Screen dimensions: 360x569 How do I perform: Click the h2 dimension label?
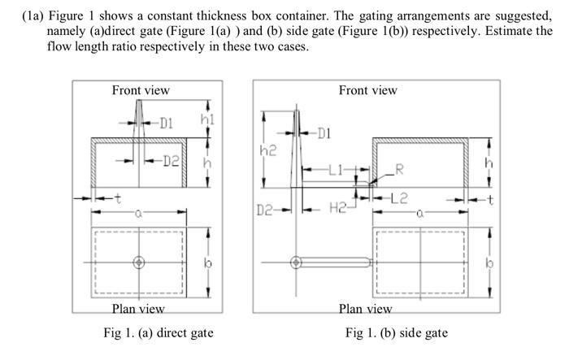(267, 151)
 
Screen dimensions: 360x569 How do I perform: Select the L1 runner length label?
(337, 170)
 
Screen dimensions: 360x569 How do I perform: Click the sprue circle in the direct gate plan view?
(138, 262)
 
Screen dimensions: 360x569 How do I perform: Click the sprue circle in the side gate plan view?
(296, 262)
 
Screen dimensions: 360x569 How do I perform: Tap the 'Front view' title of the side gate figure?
(367, 90)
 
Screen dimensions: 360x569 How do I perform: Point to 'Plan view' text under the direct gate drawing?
(138, 309)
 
